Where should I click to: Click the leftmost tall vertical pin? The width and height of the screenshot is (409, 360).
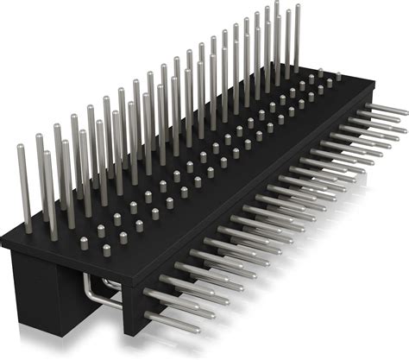point(17,181)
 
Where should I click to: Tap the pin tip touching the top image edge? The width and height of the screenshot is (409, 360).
point(276,3)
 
